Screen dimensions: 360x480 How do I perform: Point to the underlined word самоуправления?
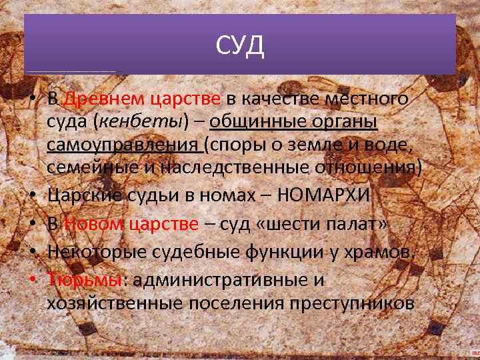[x=123, y=145]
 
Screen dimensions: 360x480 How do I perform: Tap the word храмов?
[x=381, y=252]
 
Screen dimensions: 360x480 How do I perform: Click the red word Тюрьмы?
[x=83, y=280]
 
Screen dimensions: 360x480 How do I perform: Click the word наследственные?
[x=233, y=167]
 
